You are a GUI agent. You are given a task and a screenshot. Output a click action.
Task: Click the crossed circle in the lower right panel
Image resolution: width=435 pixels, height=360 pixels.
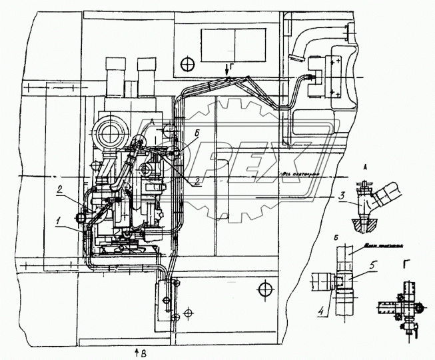(266, 289)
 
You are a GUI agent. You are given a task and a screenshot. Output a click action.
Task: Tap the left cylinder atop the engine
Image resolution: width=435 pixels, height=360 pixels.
(116, 75)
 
